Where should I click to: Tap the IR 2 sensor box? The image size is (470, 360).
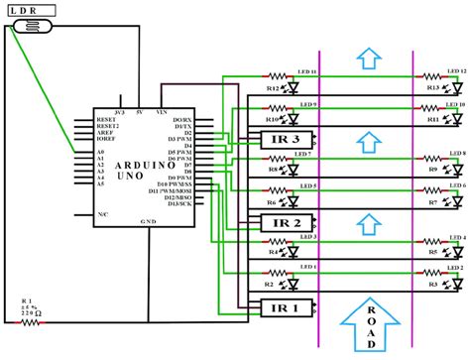(x=283, y=222)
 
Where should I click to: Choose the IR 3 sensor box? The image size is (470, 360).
(x=283, y=140)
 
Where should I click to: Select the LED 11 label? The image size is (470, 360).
(x=305, y=71)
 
